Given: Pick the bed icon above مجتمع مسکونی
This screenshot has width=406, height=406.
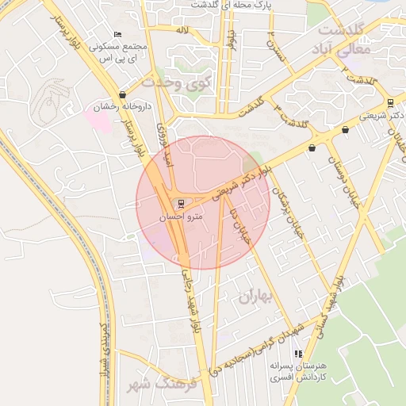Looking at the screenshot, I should pos(118,34).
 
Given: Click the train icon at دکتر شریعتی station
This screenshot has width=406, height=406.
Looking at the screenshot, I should pos(389,102).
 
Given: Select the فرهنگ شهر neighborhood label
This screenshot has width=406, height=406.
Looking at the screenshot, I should pos(171,385).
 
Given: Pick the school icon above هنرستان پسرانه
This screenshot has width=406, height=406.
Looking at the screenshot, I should pos(298,354).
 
